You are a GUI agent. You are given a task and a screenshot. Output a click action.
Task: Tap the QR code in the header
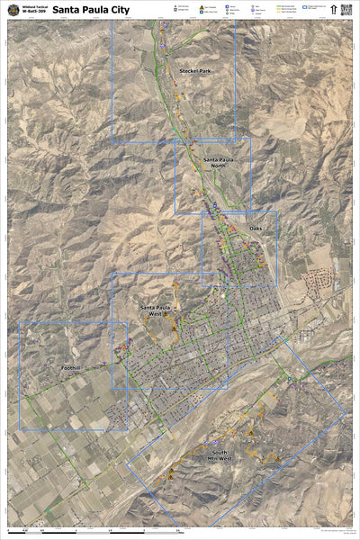[346, 10]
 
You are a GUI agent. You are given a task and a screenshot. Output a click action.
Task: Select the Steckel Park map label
[194, 70]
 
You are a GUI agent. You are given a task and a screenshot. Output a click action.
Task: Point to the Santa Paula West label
[155, 310]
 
